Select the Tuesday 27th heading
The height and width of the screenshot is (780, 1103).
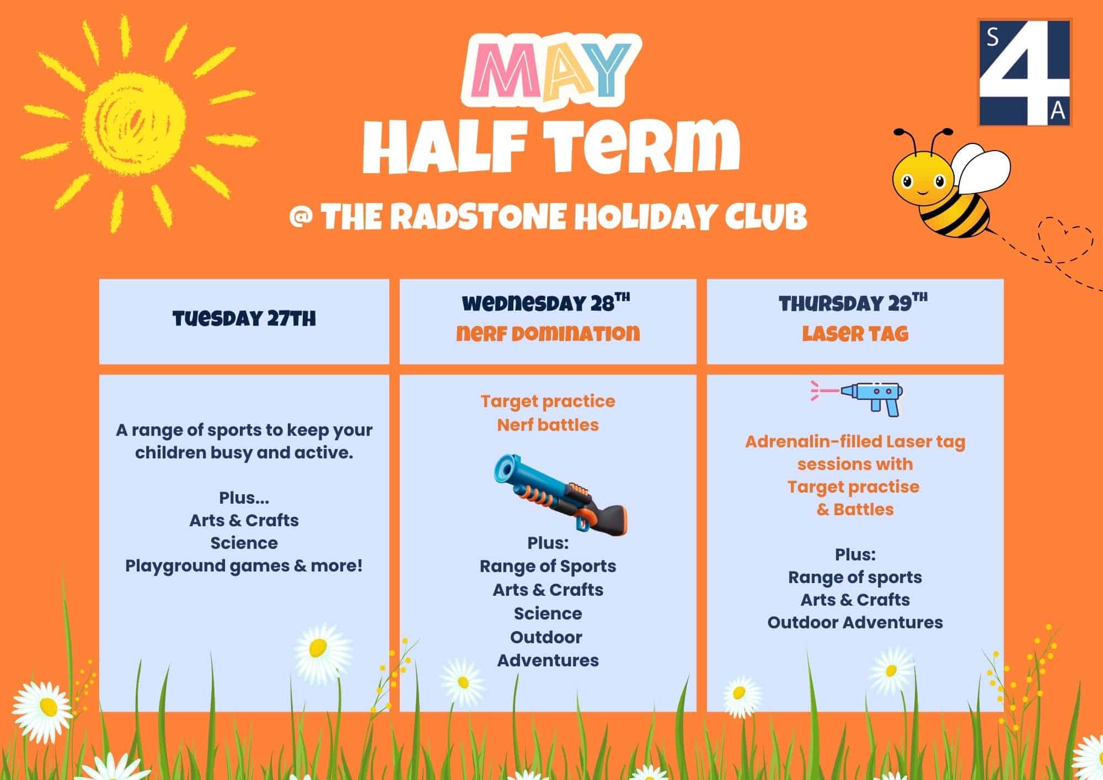(x=244, y=319)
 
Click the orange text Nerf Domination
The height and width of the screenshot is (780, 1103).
(x=548, y=333)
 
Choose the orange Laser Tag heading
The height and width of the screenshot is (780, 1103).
(x=855, y=333)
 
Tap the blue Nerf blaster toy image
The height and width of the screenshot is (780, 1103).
(x=560, y=494)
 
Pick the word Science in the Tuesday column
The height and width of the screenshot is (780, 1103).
(x=244, y=543)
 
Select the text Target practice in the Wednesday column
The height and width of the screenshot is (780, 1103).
(x=548, y=402)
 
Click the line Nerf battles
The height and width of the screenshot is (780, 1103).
(x=548, y=425)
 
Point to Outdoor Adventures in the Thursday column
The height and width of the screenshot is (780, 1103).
(x=855, y=622)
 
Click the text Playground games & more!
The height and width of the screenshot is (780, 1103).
(x=244, y=566)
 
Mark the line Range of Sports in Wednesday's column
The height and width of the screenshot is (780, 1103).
(x=548, y=567)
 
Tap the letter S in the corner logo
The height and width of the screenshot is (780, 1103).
(x=992, y=37)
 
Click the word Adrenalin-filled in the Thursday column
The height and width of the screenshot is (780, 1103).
(x=813, y=442)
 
